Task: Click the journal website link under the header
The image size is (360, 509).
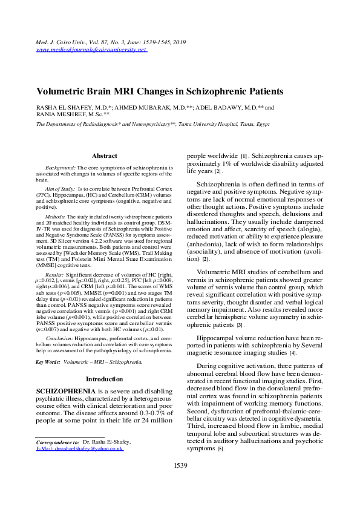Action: point(91,50)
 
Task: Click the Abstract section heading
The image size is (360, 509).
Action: point(104,156)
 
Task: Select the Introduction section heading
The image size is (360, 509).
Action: point(104,379)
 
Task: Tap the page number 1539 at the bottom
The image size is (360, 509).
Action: point(180,465)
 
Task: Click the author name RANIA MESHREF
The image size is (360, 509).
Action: point(53,114)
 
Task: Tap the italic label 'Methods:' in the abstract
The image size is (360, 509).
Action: point(56,216)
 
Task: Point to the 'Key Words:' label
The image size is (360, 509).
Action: point(48,362)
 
